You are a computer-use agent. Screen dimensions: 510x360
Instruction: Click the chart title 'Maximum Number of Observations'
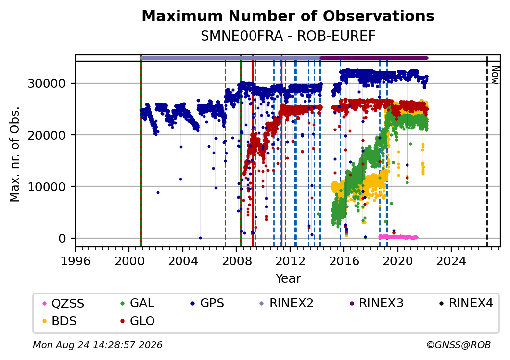tap(288, 16)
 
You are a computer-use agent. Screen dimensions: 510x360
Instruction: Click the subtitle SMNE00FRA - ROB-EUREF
tap(288, 36)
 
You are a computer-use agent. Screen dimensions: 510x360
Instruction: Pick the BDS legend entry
tap(59, 321)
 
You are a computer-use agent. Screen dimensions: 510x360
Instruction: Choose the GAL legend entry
tap(137, 303)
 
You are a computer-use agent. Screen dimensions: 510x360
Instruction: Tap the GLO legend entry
tap(137, 321)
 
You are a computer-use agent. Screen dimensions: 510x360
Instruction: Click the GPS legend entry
tap(207, 303)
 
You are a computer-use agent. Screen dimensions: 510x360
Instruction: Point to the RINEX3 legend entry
tap(376, 303)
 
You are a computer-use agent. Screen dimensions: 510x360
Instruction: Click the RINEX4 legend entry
tap(466, 303)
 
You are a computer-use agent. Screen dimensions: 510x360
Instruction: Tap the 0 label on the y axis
tap(62, 239)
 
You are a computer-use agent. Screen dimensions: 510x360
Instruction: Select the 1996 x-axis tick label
tap(76, 261)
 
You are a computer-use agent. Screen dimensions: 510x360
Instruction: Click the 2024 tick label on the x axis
tap(451, 261)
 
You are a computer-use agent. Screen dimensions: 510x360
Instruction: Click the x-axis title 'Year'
tap(288, 279)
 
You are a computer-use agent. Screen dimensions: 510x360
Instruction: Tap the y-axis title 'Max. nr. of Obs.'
tap(15, 154)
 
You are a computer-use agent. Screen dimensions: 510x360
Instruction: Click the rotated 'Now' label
tap(495, 75)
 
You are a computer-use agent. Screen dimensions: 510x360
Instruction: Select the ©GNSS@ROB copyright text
tap(459, 345)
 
